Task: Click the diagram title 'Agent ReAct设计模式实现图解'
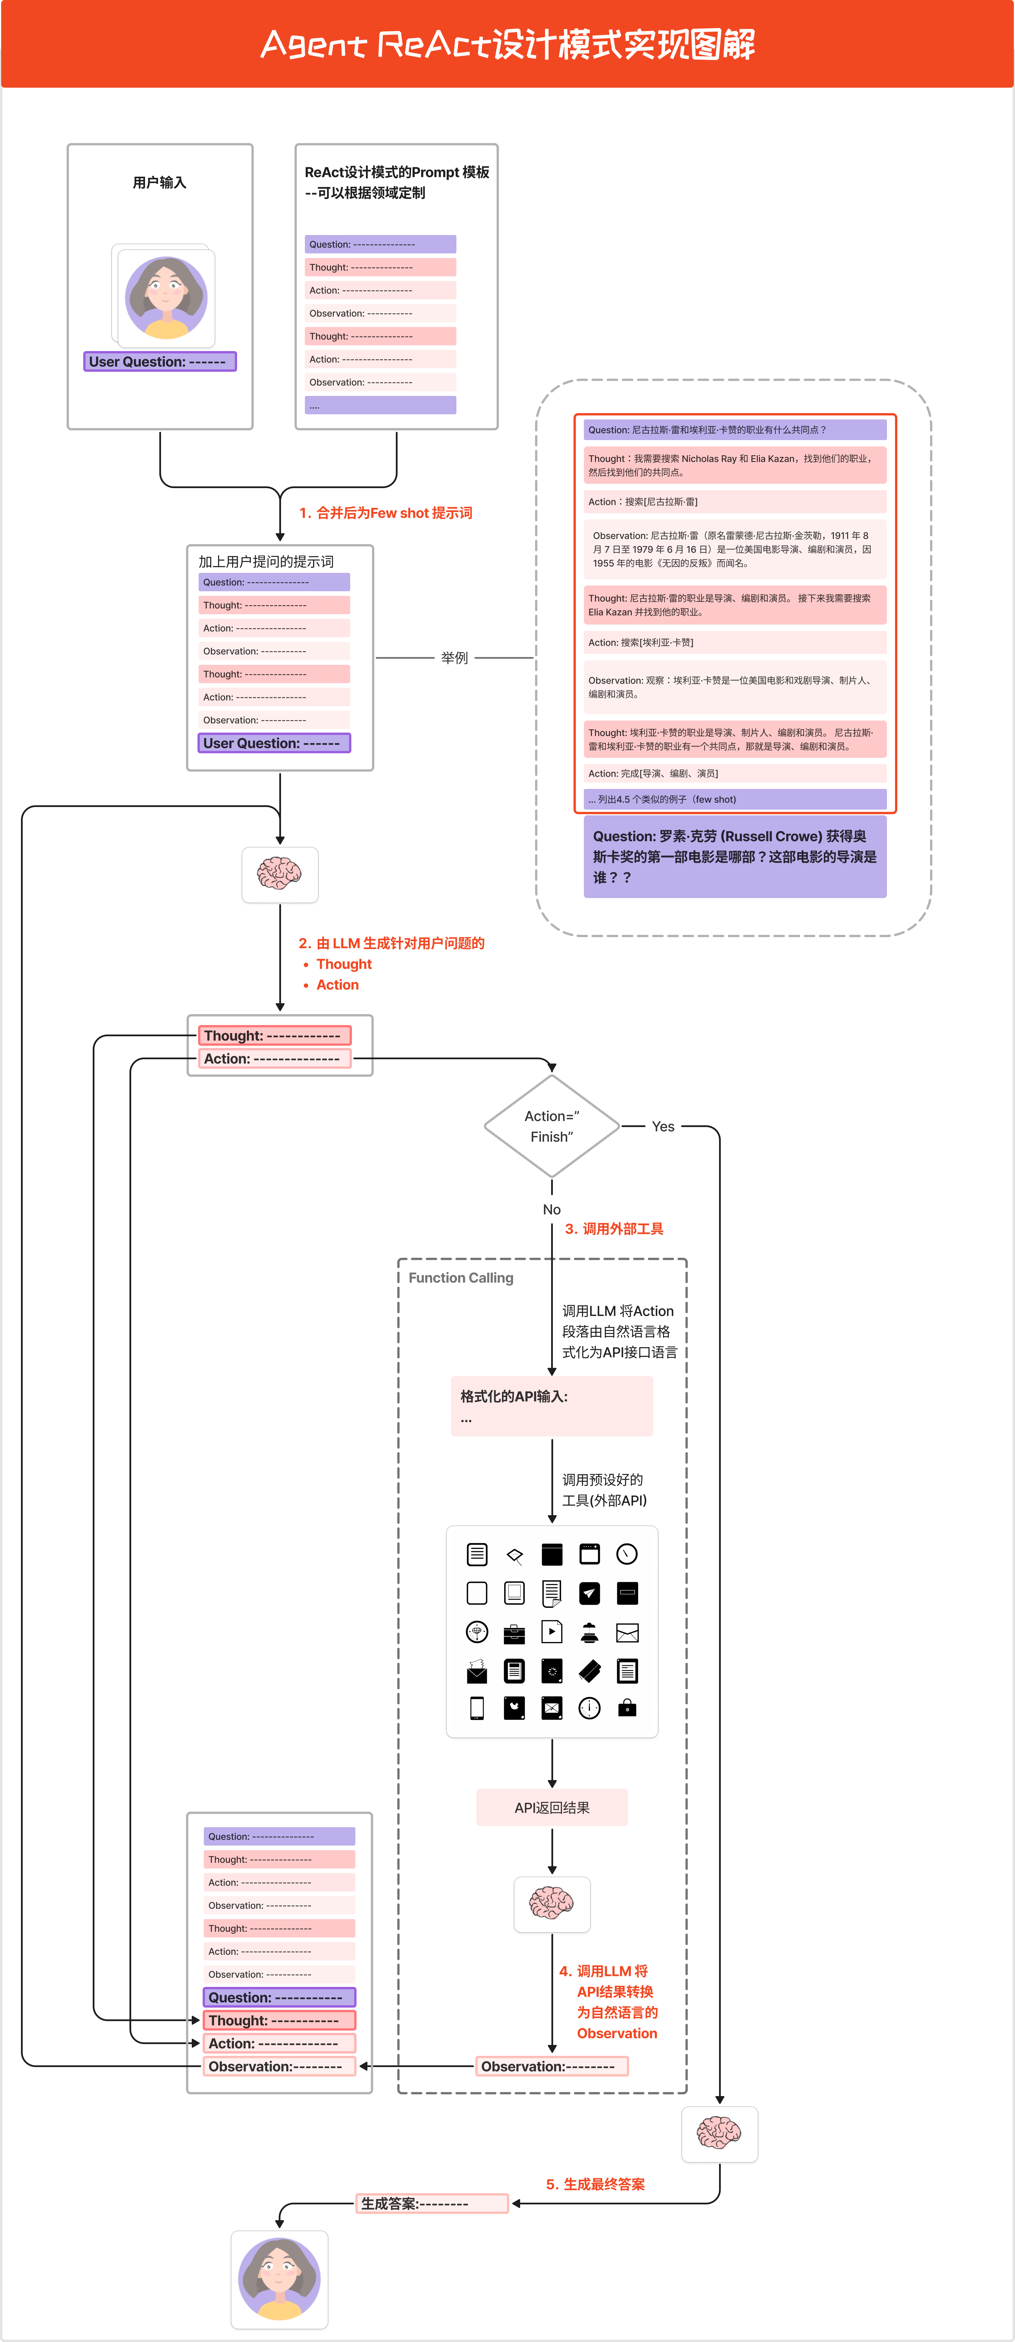(x=507, y=44)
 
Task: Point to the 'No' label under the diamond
(x=552, y=1209)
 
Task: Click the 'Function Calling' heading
(x=461, y=1277)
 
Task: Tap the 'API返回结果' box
(x=552, y=1807)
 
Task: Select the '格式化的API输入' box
(x=552, y=1405)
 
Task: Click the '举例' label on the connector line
(x=454, y=657)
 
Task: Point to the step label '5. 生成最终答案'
(x=595, y=2184)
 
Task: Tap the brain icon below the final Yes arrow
(x=719, y=2133)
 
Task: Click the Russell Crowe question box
(x=734, y=856)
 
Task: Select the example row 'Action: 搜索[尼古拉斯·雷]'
(x=734, y=502)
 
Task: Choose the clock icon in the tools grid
(x=627, y=1554)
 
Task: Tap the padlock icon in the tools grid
(x=627, y=1708)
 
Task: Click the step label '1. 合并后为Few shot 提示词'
(x=385, y=513)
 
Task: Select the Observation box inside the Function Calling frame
(x=552, y=2066)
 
